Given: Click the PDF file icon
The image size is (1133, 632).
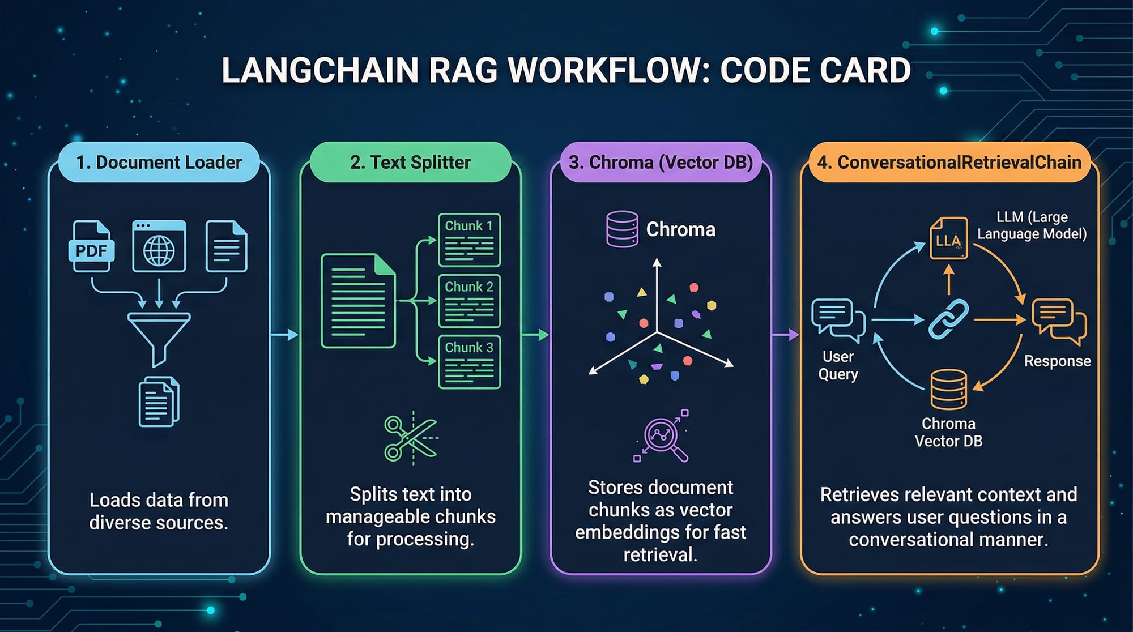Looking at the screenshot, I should [x=91, y=246].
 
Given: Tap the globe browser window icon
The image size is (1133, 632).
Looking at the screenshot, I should [x=159, y=246].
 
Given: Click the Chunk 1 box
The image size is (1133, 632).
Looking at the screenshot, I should [x=469, y=240].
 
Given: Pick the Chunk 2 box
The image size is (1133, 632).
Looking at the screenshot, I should [x=469, y=301].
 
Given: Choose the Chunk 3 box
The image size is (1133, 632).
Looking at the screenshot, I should [x=469, y=362].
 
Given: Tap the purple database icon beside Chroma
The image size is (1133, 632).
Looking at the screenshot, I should [x=622, y=229].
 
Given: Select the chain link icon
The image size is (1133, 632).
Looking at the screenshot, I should [x=948, y=319].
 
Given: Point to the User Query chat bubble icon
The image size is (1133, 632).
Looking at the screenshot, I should [x=837, y=319].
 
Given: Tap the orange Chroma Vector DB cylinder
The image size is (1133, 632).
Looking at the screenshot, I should [x=948, y=389].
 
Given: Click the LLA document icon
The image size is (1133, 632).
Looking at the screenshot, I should [x=948, y=238].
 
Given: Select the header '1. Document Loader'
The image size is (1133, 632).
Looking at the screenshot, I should [x=159, y=163].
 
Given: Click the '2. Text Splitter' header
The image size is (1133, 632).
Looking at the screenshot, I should [x=410, y=163].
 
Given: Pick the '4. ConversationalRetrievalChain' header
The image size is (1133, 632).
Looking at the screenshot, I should [x=949, y=163].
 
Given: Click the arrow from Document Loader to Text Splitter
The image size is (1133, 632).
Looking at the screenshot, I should [x=284, y=335].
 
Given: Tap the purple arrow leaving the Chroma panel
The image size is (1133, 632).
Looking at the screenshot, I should [x=785, y=335].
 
